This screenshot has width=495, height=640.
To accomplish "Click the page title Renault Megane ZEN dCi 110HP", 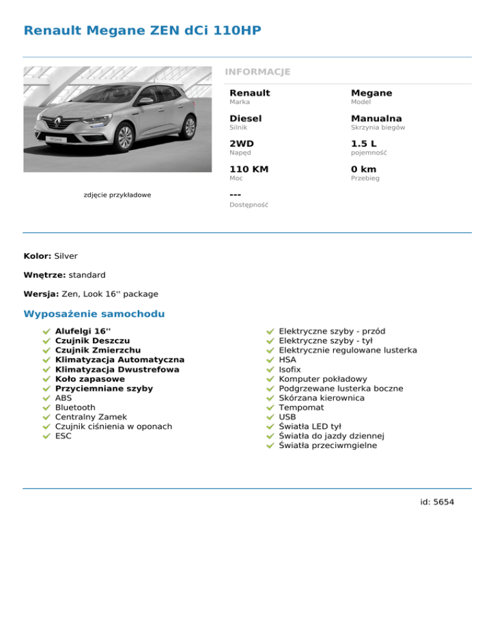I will [x=142, y=30].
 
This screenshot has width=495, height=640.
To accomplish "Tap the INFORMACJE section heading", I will [x=257, y=71].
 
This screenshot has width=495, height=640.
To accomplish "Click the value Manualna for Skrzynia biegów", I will [x=376, y=118].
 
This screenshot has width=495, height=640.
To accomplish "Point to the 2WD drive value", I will [x=241, y=144].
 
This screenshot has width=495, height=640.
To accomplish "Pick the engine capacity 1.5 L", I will [x=364, y=144].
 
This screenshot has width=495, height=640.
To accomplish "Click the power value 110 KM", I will [x=249, y=169].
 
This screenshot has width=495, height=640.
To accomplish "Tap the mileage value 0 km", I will [x=364, y=169].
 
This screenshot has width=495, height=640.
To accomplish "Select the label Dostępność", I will [x=249, y=205].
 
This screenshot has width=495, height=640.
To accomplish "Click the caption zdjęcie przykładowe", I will [x=117, y=194].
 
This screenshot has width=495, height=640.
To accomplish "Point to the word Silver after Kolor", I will [x=66, y=256].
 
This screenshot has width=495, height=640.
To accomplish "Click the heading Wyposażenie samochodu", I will [x=93, y=314].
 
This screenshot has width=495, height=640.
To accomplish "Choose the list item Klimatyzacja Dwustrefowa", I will [x=117, y=370].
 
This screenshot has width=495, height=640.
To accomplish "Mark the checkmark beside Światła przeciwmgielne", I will [x=271, y=446].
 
